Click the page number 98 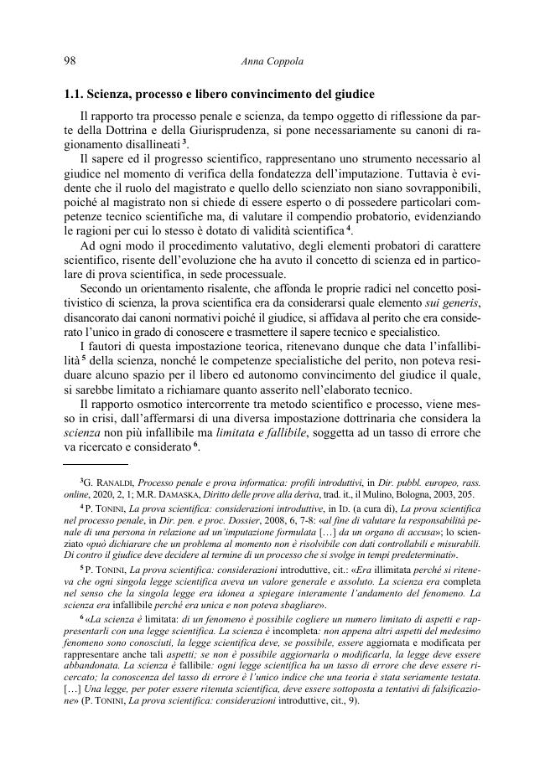[70, 60]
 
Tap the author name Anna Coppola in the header [272, 60]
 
